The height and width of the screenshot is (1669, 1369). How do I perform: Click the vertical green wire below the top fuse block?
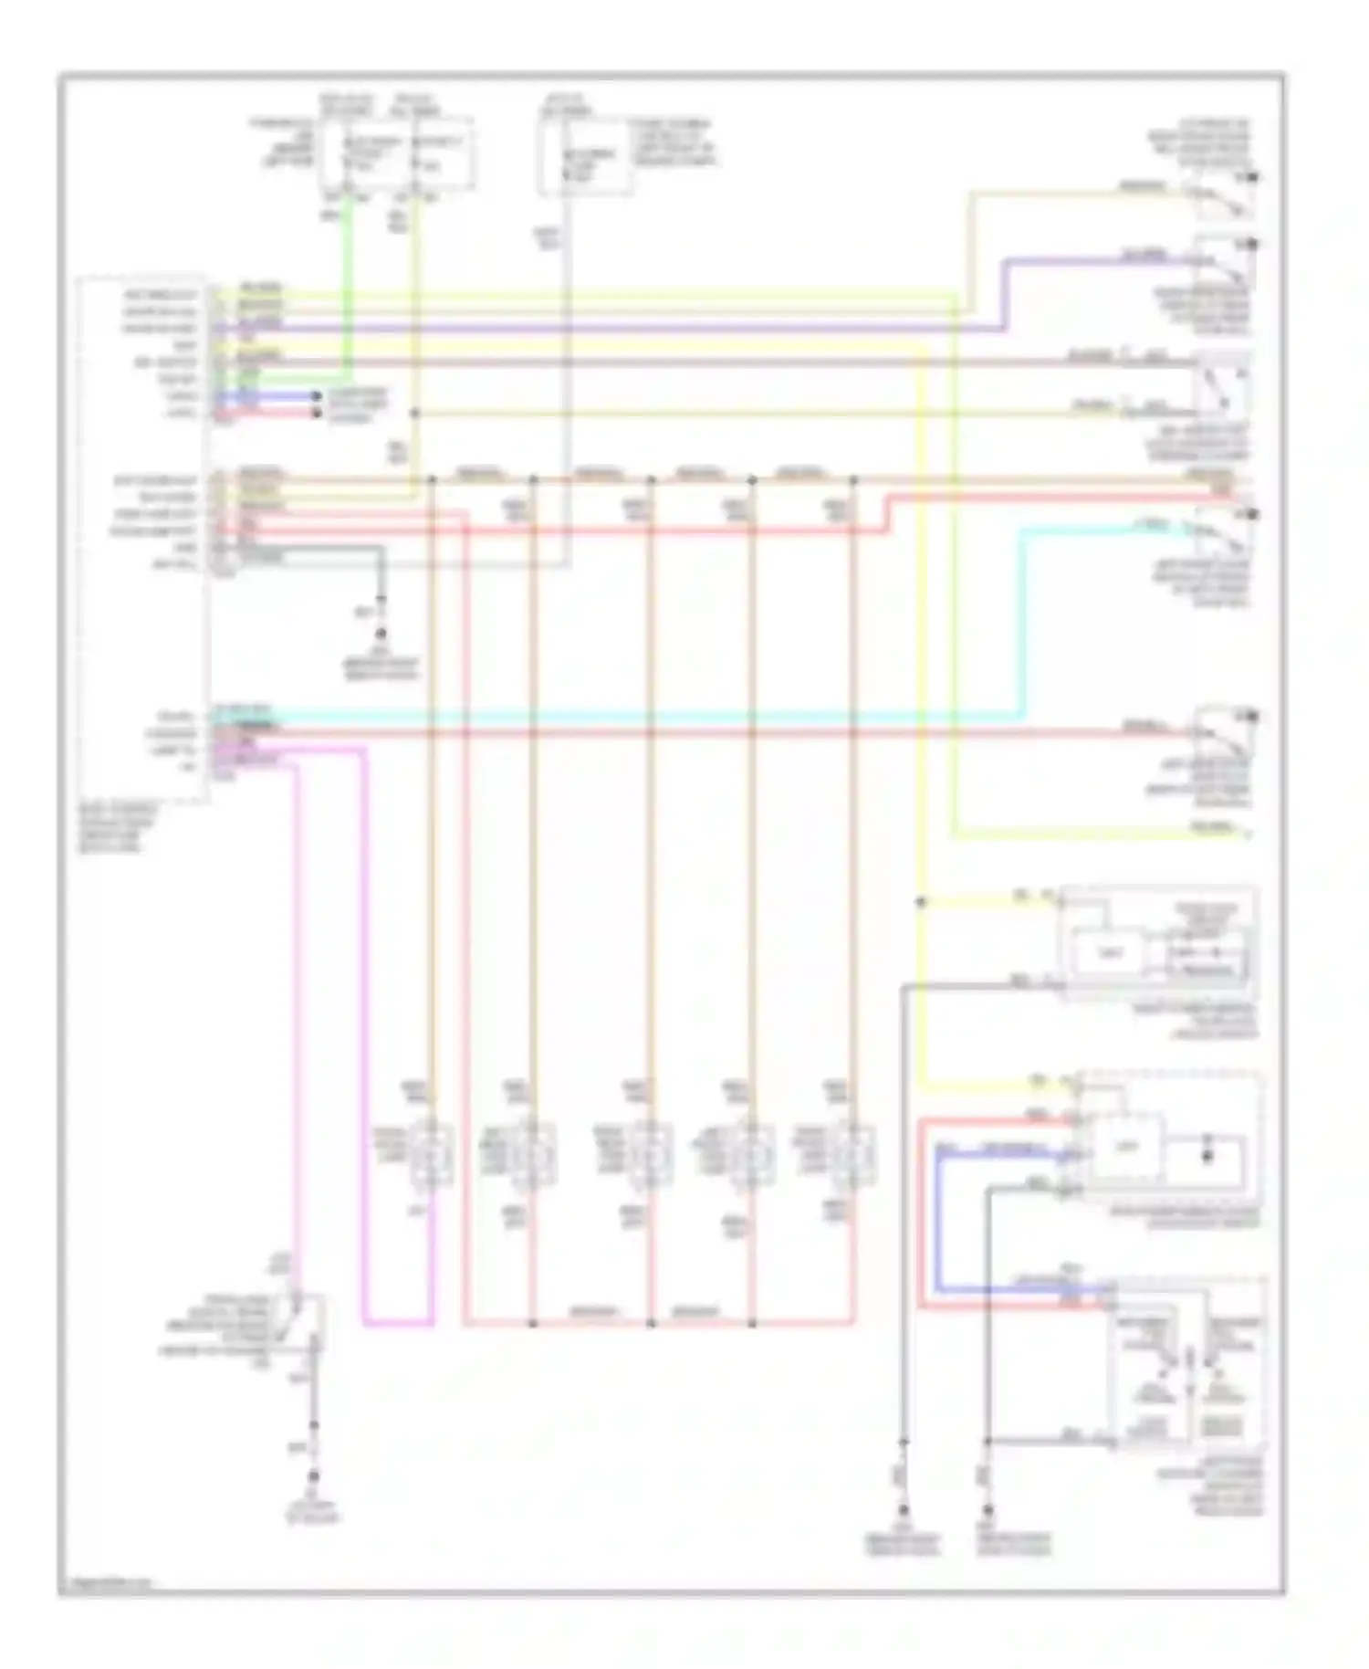click(347, 292)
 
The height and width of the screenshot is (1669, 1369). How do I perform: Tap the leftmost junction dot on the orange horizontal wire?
click(432, 478)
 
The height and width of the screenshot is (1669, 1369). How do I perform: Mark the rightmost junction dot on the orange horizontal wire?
click(854, 478)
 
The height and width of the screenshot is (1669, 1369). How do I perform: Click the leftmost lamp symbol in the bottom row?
click(430, 1155)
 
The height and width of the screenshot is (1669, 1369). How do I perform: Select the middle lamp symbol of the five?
click(649, 1155)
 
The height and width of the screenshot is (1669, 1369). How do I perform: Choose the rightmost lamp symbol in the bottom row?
click(852, 1155)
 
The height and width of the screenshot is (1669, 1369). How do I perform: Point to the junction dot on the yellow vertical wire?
click(921, 902)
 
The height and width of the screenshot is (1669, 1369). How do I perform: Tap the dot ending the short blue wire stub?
click(317, 397)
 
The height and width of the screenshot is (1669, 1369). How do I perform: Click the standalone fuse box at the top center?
click(584, 155)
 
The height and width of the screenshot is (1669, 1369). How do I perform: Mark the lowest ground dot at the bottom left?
click(313, 1476)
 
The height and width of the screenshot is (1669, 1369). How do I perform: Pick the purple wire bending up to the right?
click(1004, 292)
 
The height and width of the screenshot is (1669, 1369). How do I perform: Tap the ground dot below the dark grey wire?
click(381, 633)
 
